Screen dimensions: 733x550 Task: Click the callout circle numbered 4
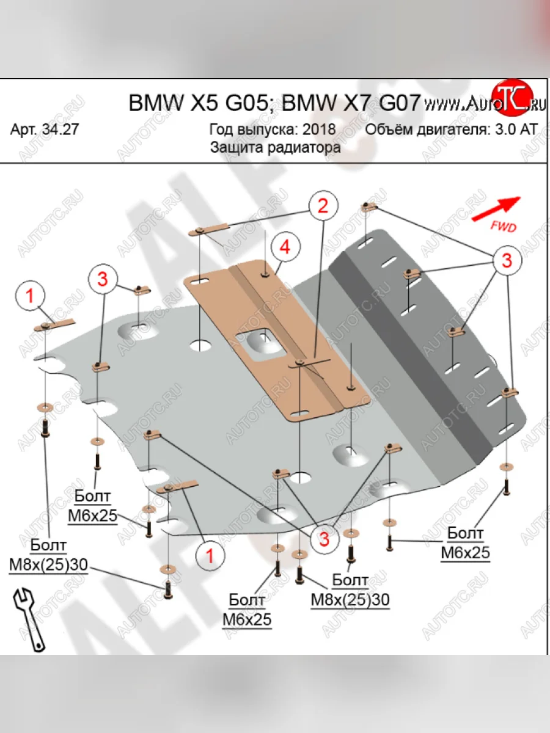click(x=283, y=247)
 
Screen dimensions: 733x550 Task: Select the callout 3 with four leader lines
click(x=507, y=260)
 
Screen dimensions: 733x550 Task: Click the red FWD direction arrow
click(x=496, y=208)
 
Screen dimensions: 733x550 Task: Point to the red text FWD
click(x=503, y=227)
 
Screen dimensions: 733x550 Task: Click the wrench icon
click(x=28, y=618)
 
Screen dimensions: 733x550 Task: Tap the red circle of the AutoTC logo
click(x=511, y=98)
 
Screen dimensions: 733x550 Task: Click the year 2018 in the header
click(x=318, y=129)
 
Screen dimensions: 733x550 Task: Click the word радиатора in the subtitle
click(x=304, y=147)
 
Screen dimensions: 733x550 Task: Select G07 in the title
click(x=399, y=103)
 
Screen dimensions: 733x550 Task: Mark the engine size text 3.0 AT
click(x=517, y=129)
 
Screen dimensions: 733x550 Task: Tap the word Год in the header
click(x=221, y=129)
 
